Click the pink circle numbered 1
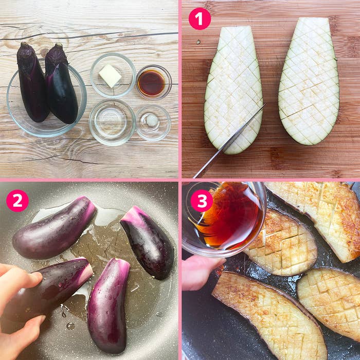click(x=200, y=19)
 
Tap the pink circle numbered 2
click(x=17, y=201)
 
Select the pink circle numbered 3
click(x=202, y=201)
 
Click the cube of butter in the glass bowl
click(x=110, y=76)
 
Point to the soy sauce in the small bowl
click(x=151, y=83)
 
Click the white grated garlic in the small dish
click(x=152, y=120)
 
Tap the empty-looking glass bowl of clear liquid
click(x=112, y=122)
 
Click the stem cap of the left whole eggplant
click(x=26, y=51)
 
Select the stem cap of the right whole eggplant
click(x=56, y=53)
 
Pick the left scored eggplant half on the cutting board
click(x=233, y=90)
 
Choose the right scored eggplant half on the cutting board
click(x=309, y=81)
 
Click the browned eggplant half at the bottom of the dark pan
click(x=270, y=315)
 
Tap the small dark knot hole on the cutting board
click(x=198, y=42)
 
